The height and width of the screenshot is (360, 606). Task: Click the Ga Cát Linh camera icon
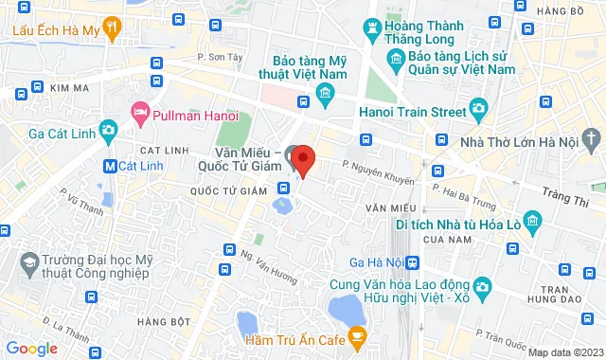click(x=108, y=129)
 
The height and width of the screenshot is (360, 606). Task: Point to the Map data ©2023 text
click(x=565, y=352)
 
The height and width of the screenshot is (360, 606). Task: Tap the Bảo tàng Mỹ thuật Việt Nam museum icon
click(x=326, y=92)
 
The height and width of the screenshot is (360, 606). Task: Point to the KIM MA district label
click(x=73, y=87)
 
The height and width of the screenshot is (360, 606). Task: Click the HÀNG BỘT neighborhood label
click(x=160, y=321)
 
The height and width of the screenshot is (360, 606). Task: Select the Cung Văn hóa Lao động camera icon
click(x=482, y=287)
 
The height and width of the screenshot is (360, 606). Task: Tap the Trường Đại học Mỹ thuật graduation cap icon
click(x=30, y=260)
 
